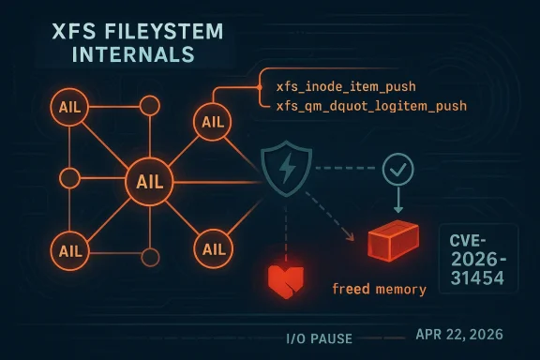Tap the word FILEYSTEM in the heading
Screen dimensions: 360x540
(x=152, y=33)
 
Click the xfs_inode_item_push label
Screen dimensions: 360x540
(x=335, y=86)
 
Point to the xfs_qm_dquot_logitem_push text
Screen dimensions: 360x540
(x=371, y=107)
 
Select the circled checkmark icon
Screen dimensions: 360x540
(x=398, y=170)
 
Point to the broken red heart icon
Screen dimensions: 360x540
(x=287, y=278)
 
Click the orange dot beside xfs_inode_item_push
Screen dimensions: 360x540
(x=258, y=87)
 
